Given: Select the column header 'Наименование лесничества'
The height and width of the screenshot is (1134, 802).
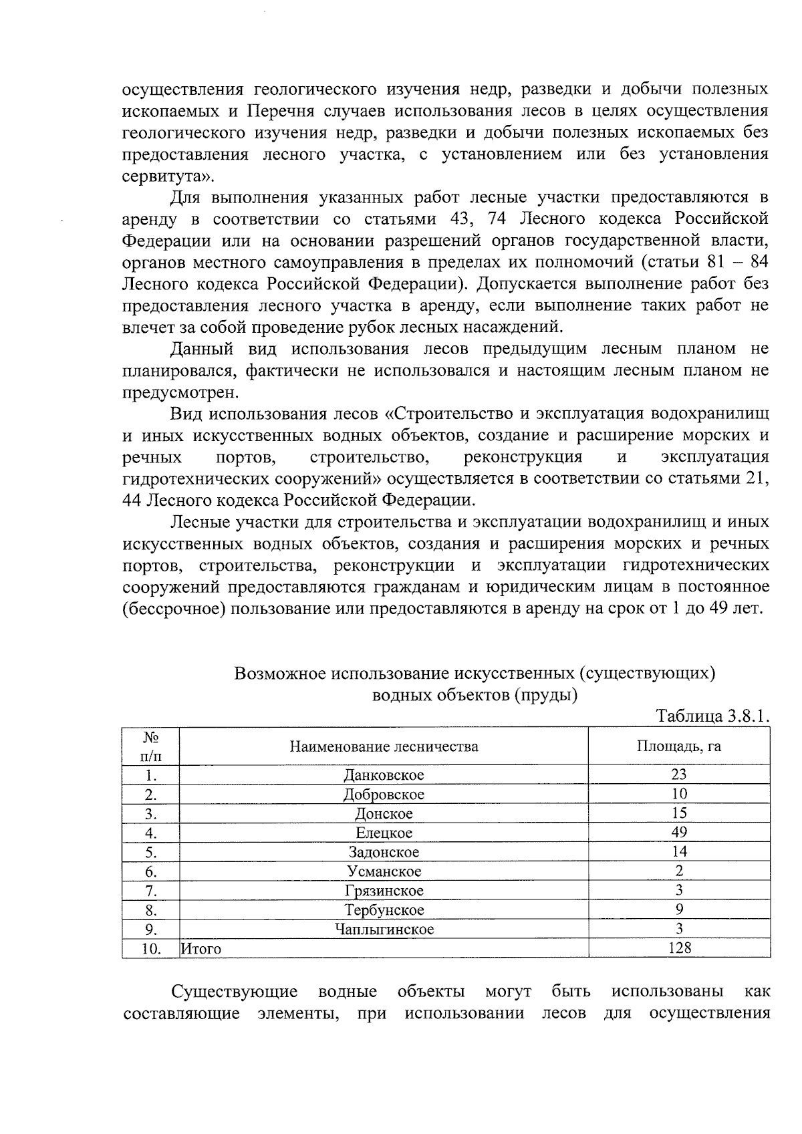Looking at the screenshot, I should [384, 746].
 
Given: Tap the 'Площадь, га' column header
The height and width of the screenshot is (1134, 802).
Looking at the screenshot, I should [678, 746].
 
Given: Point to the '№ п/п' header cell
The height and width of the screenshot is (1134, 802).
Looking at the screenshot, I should [150, 746].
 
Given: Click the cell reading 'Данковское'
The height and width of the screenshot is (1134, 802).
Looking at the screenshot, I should [384, 775].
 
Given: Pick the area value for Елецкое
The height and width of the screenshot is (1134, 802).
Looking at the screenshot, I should [679, 833].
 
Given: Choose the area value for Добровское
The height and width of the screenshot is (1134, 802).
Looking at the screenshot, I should [679, 794].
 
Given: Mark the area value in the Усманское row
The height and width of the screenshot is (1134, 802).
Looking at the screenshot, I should [679, 871].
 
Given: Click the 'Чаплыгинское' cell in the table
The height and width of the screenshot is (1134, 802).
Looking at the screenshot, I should [384, 930].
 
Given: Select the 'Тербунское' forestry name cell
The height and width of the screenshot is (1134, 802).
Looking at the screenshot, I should [384, 910].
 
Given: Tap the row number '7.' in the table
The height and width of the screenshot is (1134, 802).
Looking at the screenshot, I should [151, 891].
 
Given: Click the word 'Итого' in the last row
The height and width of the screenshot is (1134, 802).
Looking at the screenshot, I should [201, 949].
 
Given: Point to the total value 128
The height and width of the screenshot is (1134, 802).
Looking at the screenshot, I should [679, 948].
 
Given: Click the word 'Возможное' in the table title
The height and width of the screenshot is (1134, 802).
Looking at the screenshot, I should [279, 673].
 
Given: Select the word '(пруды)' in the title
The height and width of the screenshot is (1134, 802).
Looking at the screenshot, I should [546, 695].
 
